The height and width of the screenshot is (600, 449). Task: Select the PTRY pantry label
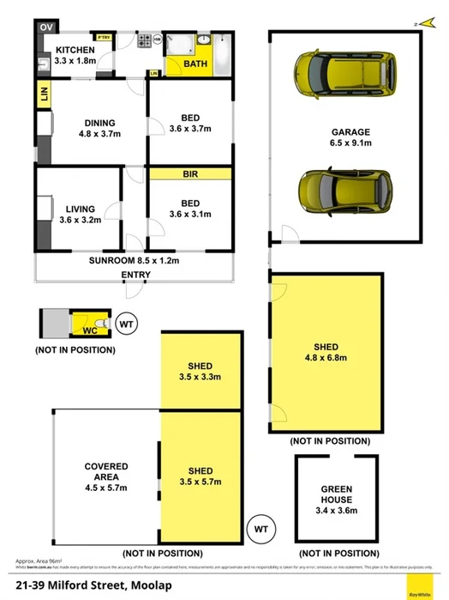(104, 38)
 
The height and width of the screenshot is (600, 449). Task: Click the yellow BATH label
(195, 64)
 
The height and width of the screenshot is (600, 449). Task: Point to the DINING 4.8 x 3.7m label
(100, 128)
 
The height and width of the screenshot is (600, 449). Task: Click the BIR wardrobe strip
(190, 173)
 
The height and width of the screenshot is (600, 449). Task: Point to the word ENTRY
(135, 275)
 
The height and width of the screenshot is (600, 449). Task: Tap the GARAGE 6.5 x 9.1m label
(351, 137)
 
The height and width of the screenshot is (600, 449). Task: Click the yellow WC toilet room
(88, 324)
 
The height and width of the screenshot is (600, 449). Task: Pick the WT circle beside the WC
(127, 324)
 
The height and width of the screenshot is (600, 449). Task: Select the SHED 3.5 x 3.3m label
(201, 372)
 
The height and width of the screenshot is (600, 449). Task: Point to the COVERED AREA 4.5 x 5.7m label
(106, 477)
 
